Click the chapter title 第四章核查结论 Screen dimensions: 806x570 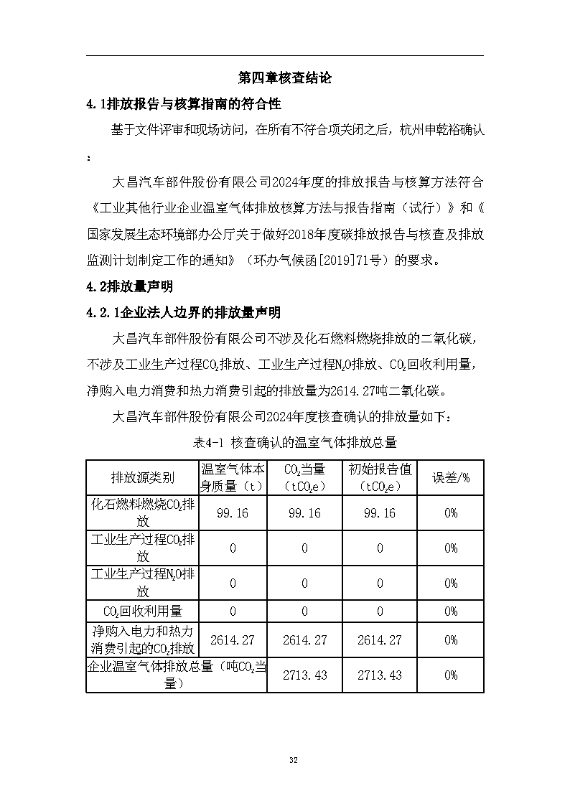(x=284, y=78)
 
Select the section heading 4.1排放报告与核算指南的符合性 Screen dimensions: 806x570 (x=183, y=104)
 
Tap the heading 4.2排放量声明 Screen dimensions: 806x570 (x=129, y=286)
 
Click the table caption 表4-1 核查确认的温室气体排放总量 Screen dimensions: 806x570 (x=284, y=442)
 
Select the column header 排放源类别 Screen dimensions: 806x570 (x=142, y=477)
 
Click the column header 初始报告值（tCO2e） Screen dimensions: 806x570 (x=380, y=477)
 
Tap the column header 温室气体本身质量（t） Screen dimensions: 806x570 (x=233, y=477)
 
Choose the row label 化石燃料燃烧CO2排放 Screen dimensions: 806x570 (x=142, y=512)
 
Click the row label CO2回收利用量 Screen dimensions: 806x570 (x=142, y=611)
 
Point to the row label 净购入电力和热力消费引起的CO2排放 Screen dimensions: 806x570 (x=142, y=639)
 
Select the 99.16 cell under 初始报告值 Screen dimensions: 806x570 (x=380, y=513)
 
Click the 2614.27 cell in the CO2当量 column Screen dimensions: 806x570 (x=304, y=639)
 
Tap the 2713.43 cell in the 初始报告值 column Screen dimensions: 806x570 (x=380, y=675)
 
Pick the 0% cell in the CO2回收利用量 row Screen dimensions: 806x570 (x=450, y=611)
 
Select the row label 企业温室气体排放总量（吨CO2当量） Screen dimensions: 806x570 (x=176, y=675)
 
